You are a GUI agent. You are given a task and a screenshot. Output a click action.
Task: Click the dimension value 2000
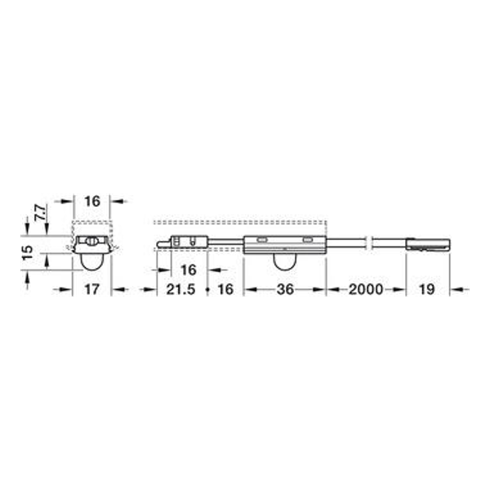[366, 289]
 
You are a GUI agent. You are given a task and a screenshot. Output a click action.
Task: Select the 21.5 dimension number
[180, 289]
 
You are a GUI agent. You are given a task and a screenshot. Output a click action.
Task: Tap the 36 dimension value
[285, 289]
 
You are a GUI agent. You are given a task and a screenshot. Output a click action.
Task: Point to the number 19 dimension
[427, 289]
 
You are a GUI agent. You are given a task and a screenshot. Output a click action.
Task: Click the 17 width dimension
[91, 289]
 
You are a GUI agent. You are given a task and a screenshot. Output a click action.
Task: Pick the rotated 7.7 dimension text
[40, 212]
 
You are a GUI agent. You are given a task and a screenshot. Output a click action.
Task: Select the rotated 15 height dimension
[28, 252]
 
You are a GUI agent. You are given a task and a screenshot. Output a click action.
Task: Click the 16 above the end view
[92, 201]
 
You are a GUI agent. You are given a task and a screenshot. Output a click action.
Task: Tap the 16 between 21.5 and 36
[225, 289]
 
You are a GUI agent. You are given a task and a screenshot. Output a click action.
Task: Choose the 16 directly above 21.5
[189, 269]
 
